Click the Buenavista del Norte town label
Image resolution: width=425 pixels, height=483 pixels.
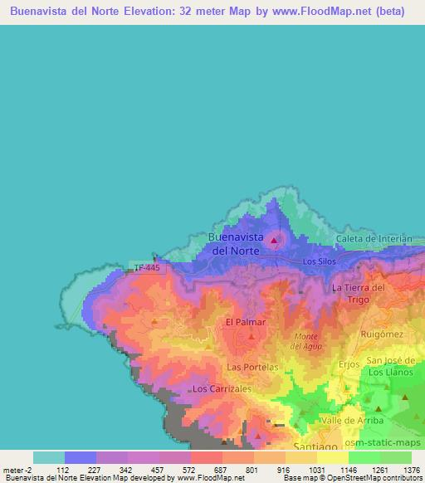(x=235, y=242)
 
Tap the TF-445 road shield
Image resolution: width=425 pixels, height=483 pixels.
(x=150, y=267)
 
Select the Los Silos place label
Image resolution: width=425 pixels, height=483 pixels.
(x=319, y=261)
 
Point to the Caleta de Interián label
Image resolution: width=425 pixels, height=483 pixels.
(x=374, y=239)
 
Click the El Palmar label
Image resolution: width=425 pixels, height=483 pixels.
(x=245, y=321)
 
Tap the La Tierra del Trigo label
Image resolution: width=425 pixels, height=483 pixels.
(x=358, y=292)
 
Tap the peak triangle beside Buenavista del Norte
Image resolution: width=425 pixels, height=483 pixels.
(x=275, y=242)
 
